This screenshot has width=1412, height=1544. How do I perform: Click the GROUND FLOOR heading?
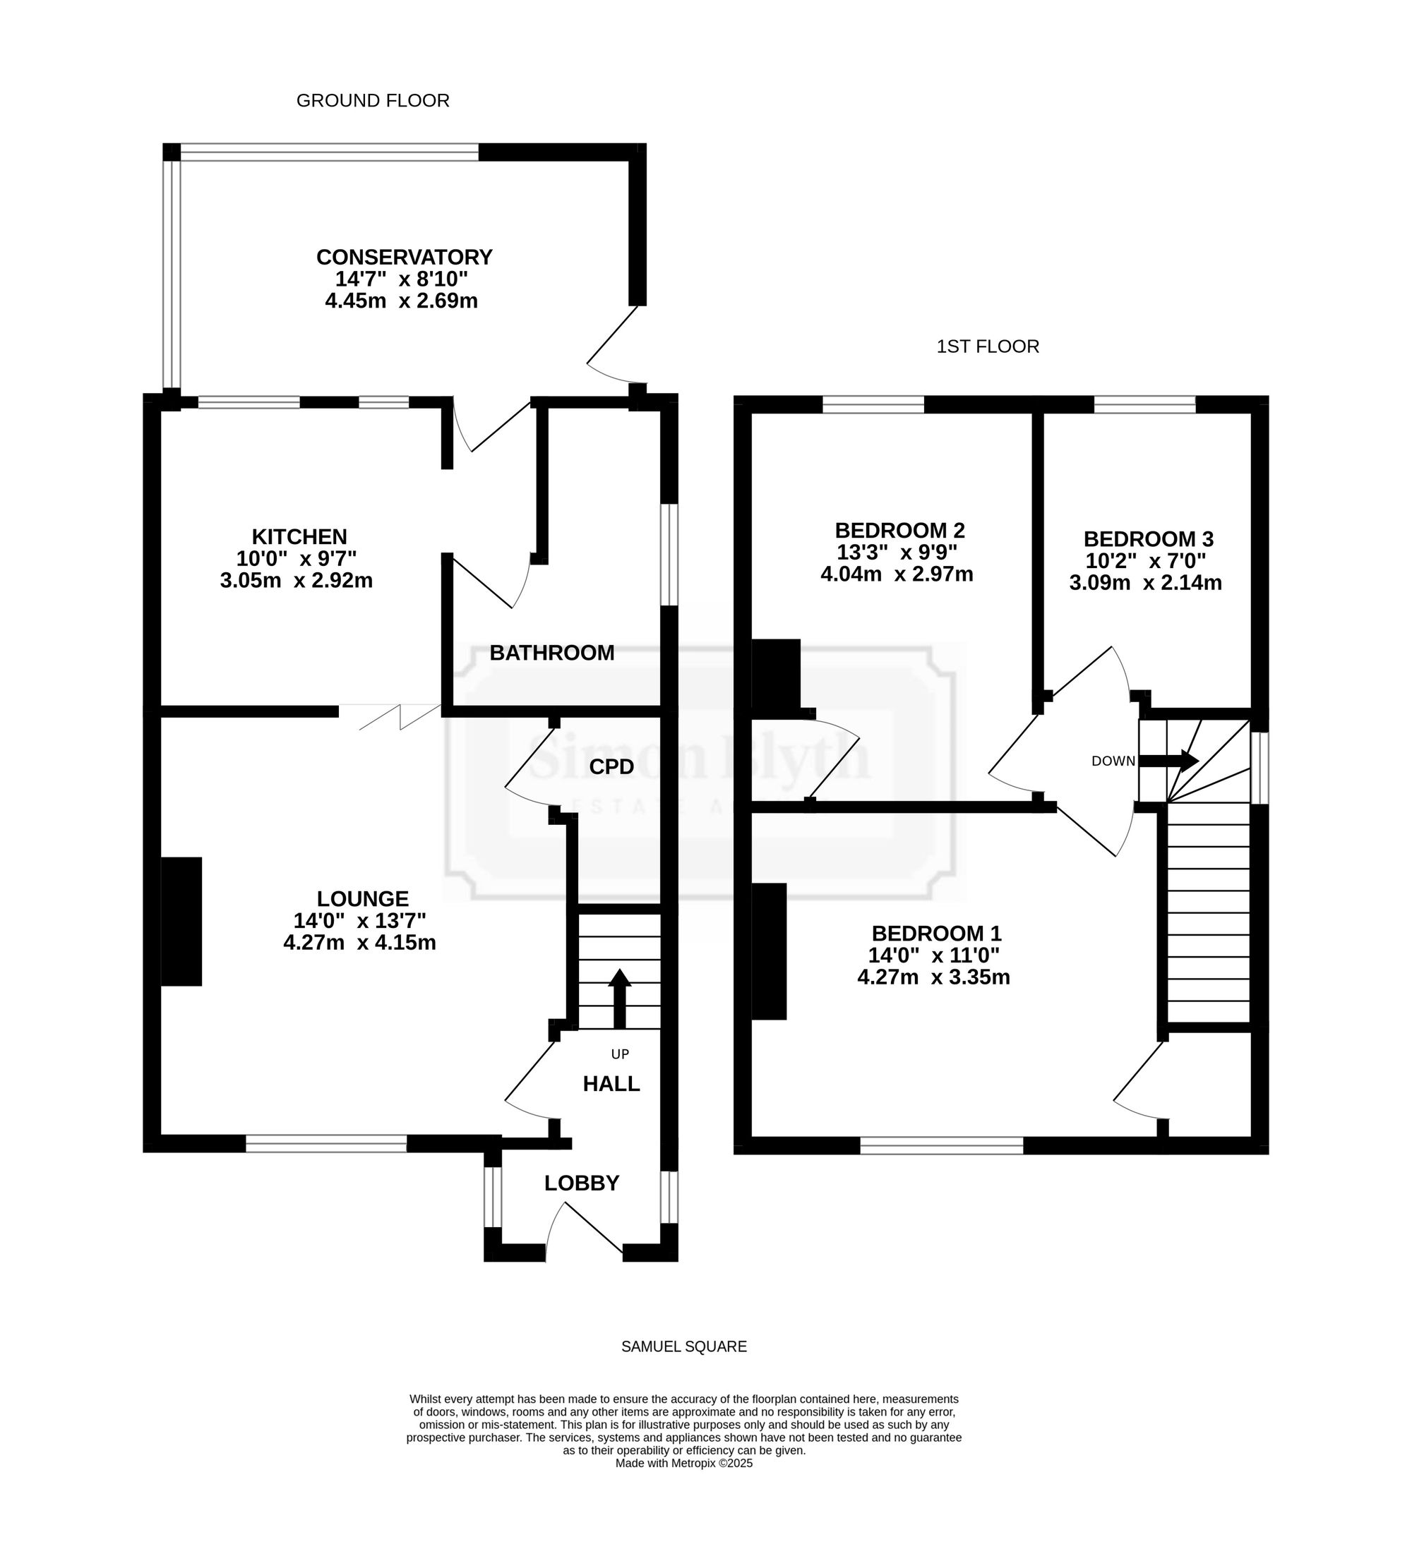pos(372,100)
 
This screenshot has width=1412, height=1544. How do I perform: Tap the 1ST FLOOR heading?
pos(988,346)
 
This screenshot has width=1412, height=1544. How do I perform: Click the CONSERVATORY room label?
pos(404,257)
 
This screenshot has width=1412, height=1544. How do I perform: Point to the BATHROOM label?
pos(551,653)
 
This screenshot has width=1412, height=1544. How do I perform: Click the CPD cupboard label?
pos(611,766)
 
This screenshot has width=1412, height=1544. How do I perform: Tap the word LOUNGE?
pos(363,898)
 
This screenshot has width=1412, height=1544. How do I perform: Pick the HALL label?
pos(611,1083)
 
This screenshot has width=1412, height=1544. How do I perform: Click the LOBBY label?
pos(582,1183)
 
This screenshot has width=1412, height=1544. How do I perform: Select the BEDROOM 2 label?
pos(899,530)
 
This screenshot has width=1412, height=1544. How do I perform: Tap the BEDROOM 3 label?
pos(1149,539)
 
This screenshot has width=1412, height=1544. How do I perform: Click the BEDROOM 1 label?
pos(936,934)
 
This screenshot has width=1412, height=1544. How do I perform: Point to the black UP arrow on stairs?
pos(619,999)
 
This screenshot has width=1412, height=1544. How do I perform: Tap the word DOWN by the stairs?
pos(1113,761)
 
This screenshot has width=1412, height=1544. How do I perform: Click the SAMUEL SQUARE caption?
pos(683,1346)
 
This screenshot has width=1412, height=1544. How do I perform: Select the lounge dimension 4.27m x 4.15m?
pos(359,943)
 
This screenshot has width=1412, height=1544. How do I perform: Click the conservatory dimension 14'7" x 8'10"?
pos(402,278)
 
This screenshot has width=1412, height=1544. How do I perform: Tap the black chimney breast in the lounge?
pos(181,922)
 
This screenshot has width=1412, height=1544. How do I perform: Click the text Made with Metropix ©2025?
pos(684,1463)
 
